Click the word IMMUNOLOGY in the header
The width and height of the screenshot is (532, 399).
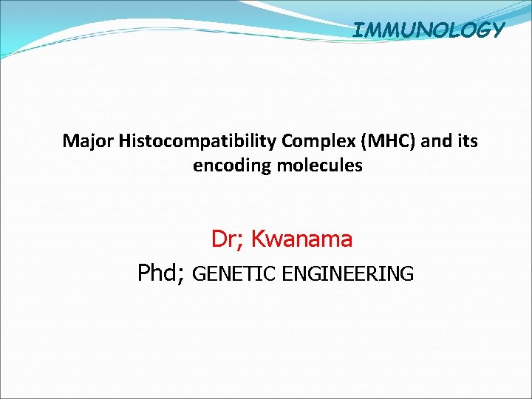pyautogui.click(x=429, y=30)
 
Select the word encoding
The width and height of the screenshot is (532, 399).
pyautogui.click(x=233, y=166)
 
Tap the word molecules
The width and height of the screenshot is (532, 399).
pyautogui.click(x=320, y=166)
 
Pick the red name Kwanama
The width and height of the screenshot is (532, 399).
pyautogui.click(x=301, y=239)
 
